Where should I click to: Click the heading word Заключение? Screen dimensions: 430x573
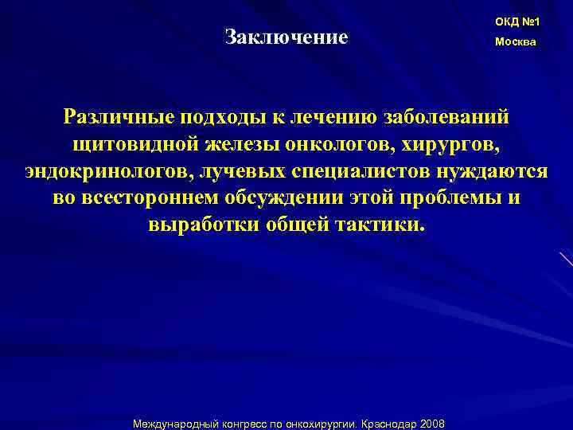pos(286,37)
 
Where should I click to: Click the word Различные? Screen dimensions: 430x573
pos(116,118)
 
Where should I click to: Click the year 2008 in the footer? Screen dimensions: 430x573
pos(431,423)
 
